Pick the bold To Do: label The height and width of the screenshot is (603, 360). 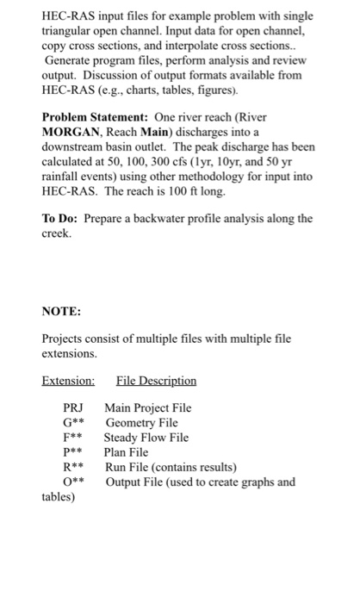click(x=61, y=217)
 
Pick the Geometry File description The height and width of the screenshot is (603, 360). click(x=141, y=422)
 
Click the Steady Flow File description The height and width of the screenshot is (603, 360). click(x=146, y=437)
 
